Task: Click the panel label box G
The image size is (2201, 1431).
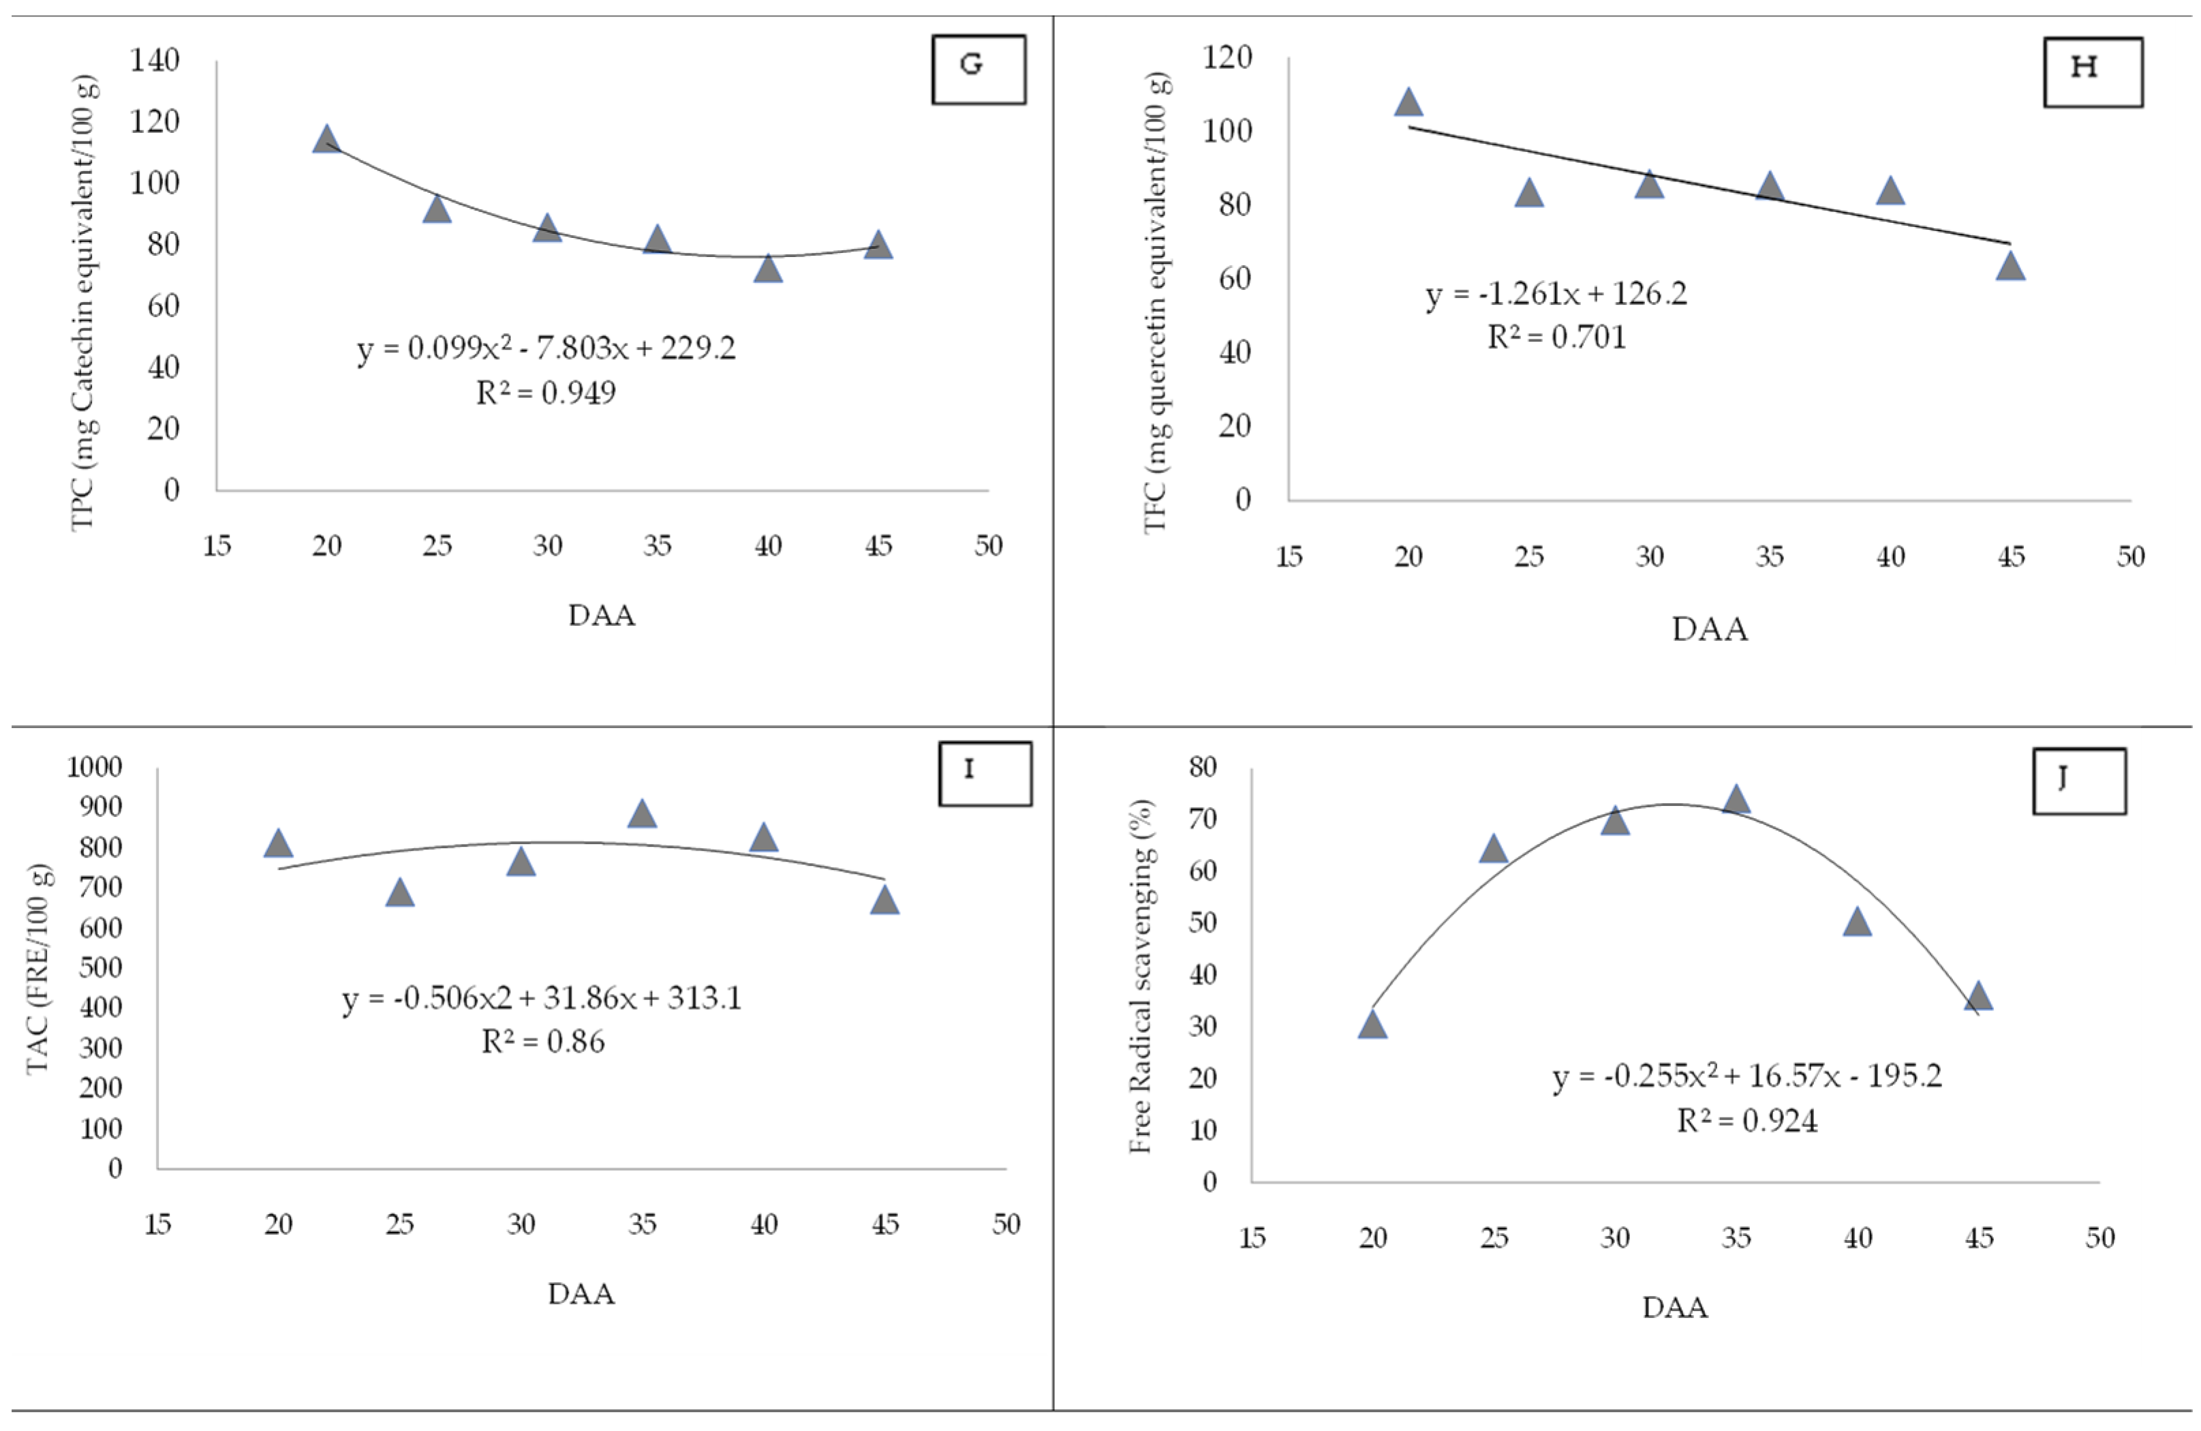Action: [x=979, y=70]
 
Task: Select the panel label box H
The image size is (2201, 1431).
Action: [x=2092, y=72]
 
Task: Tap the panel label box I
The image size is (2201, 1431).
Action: [x=984, y=773]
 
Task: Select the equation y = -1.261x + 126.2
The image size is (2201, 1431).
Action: [x=1556, y=294]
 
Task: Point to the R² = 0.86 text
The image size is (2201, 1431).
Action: [x=543, y=1042]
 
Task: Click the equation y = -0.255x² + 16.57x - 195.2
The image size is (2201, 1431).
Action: [x=1747, y=1076]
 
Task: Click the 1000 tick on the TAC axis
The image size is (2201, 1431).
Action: [x=94, y=767]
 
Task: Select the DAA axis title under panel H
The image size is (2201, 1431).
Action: [x=1709, y=630]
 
